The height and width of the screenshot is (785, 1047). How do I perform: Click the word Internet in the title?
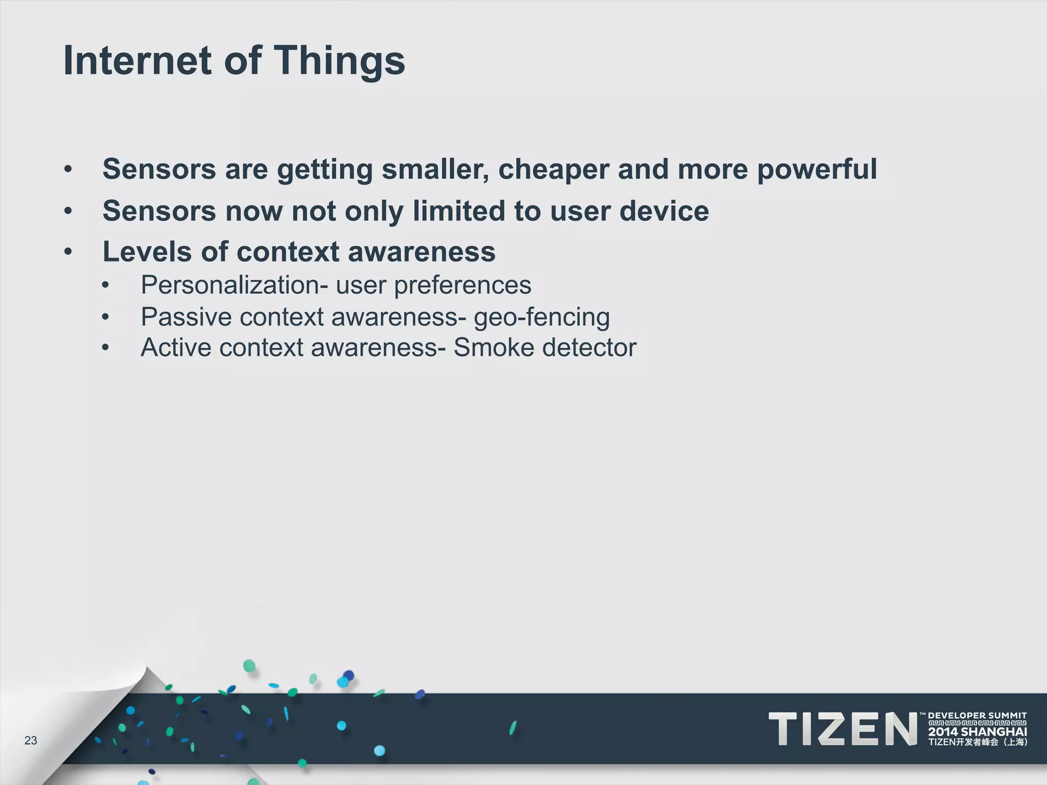[x=136, y=60]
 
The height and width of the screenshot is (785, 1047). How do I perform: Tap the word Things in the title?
[x=340, y=60]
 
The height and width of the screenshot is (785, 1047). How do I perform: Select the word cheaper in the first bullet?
[x=553, y=170]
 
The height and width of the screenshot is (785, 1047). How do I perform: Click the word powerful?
[x=816, y=170]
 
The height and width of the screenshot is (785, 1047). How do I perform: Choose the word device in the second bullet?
[x=664, y=211]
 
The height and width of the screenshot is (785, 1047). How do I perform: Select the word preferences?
[x=462, y=285]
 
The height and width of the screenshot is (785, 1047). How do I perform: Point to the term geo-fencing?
[x=542, y=317]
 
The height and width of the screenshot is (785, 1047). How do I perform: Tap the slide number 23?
[x=31, y=741]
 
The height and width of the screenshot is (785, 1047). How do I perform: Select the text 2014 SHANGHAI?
[x=977, y=732]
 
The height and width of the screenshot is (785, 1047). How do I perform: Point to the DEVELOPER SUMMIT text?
[x=977, y=715]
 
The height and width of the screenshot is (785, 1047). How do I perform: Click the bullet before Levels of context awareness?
[x=68, y=252]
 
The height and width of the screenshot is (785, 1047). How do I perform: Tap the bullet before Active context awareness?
[x=105, y=348]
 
